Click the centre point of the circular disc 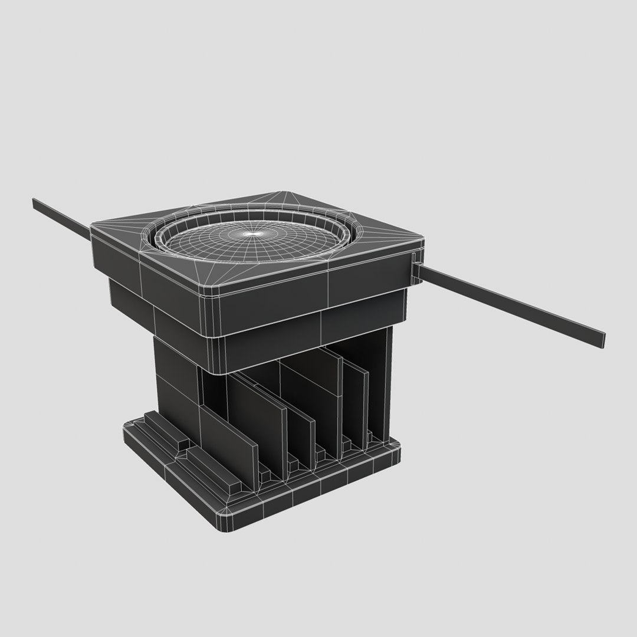click(254, 234)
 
